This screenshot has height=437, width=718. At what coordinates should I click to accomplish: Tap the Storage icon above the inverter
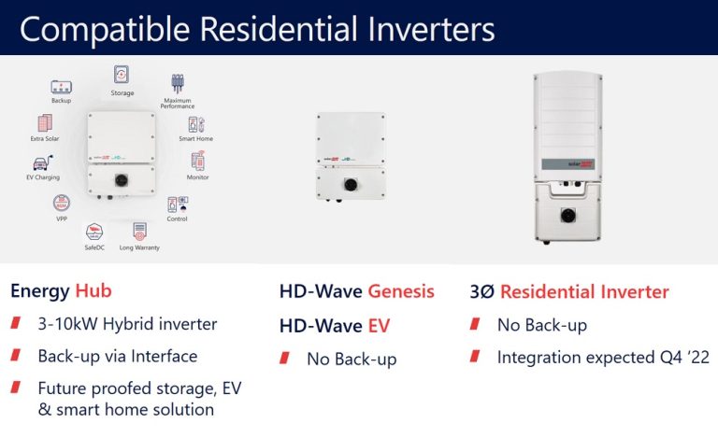(122, 75)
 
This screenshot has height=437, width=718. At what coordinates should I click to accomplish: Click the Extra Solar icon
(44, 123)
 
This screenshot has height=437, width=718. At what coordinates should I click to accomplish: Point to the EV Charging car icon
(41, 162)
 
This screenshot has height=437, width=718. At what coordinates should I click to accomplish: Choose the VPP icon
(62, 202)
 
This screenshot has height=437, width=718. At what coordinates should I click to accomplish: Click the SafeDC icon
(94, 232)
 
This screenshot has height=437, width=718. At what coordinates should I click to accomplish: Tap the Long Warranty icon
(139, 230)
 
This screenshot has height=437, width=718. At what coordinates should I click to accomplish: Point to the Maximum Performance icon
(178, 84)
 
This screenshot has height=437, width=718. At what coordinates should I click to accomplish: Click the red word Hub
(93, 290)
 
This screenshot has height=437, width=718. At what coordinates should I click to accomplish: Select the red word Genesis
(400, 290)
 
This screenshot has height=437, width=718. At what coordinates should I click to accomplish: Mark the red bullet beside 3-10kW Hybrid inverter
(17, 324)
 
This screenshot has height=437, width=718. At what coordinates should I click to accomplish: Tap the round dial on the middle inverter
(351, 185)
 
